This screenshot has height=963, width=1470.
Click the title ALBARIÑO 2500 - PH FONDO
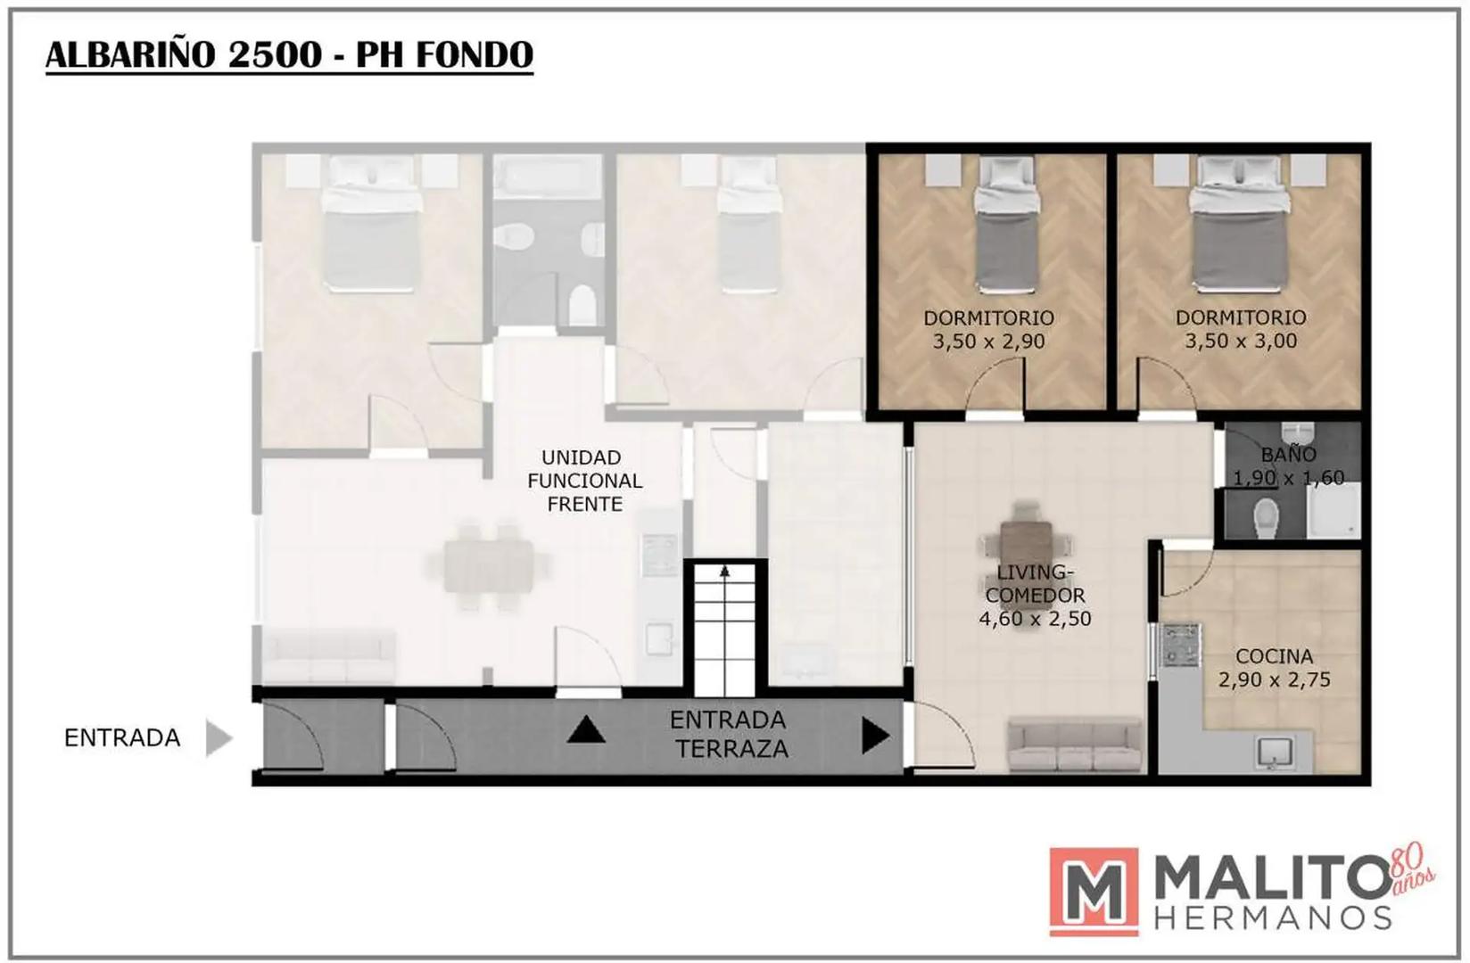pyautogui.click(x=289, y=55)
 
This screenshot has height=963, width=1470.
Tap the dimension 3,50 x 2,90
pyautogui.click(x=989, y=342)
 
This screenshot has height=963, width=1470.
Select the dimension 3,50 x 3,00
pyautogui.click(x=1241, y=342)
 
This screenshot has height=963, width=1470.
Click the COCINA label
pyautogui.click(x=1275, y=656)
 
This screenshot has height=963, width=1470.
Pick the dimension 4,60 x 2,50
pyautogui.click(x=1035, y=619)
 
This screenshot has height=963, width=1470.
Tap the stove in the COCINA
pyautogui.click(x=1181, y=644)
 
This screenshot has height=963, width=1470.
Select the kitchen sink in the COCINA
pyautogui.click(x=1275, y=753)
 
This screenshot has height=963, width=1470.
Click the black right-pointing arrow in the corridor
pyautogui.click(x=875, y=736)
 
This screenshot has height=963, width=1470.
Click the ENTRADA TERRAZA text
pyautogui.click(x=730, y=735)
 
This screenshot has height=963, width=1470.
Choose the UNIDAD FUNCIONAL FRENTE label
pyautogui.click(x=585, y=481)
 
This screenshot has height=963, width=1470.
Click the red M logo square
pyautogui.click(x=1094, y=891)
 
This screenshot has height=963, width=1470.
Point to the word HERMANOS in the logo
pyautogui.click(x=1272, y=918)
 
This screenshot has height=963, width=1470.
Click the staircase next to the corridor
pyautogui.click(x=724, y=630)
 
